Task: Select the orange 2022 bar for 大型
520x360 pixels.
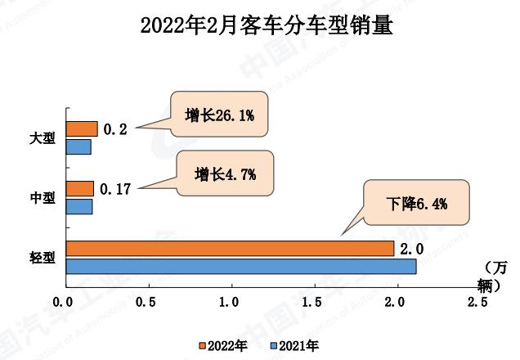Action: point(82,128)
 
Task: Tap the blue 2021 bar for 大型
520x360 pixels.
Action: point(78,147)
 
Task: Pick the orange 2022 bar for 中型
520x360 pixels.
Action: point(80,189)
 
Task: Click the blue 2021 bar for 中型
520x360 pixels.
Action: point(79,207)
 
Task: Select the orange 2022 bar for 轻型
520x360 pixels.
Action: point(230,248)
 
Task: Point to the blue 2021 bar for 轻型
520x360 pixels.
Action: point(241,266)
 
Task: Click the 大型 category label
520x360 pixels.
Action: point(43,138)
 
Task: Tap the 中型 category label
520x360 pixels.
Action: point(43,198)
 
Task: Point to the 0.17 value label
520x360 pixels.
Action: point(115,189)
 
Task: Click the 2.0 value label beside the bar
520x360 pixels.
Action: point(410,248)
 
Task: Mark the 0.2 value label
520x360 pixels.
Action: point(115,128)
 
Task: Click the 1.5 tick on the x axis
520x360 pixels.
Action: point(312,303)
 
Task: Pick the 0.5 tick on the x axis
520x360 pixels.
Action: point(147,303)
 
